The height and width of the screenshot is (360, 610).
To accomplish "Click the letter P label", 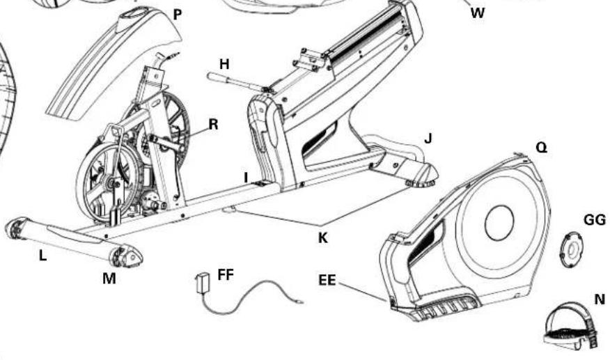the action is tap(178, 14).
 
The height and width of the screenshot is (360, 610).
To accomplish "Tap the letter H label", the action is tap(224, 64).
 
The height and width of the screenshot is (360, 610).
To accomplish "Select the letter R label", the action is tap(214, 125).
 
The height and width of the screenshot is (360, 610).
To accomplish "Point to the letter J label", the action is tap(428, 139).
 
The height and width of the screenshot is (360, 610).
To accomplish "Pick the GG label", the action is tap(594, 220).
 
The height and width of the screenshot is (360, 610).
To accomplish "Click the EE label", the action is tap(327, 281).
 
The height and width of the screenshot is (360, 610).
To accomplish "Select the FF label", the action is tap(225, 274).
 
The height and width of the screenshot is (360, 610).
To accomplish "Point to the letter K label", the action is tap(322, 237).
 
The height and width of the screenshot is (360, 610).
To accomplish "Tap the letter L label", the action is tap(43, 256).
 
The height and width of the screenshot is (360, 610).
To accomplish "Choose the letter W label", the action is tap(477, 13).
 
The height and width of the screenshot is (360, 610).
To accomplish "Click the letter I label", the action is tap(245, 177).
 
